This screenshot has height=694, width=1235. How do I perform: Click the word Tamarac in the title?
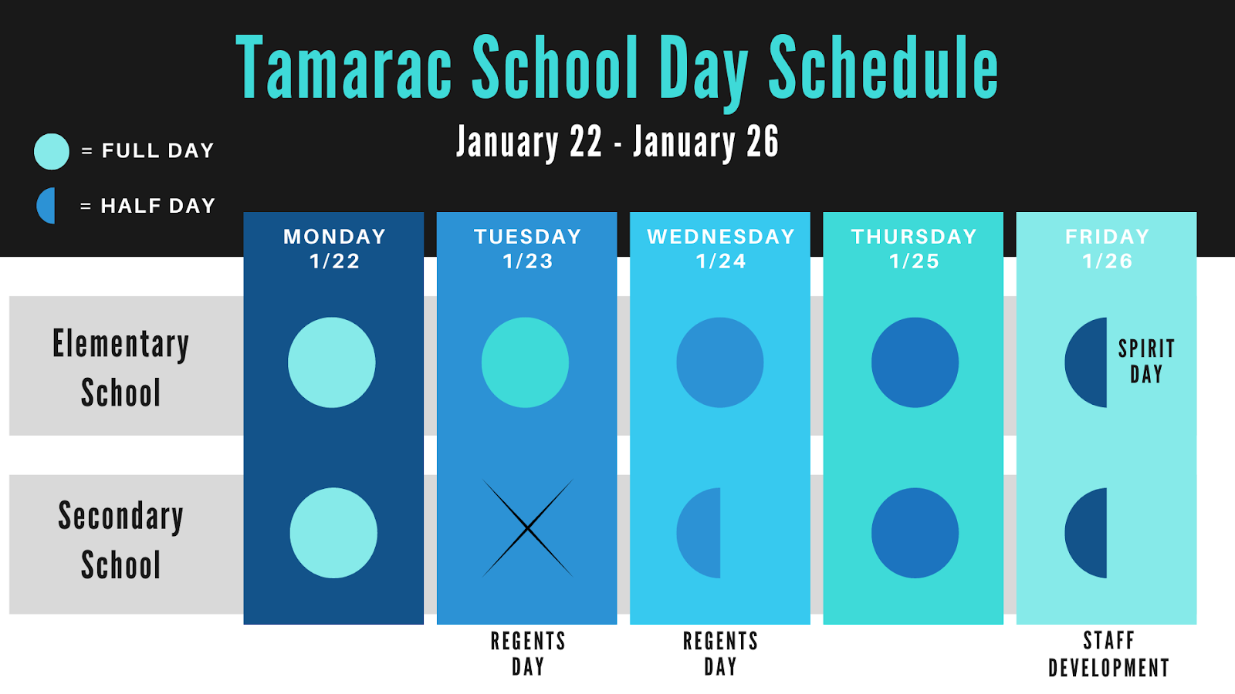(344, 67)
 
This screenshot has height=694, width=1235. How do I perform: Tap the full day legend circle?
(51, 151)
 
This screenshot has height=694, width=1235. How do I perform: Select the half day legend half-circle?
(46, 205)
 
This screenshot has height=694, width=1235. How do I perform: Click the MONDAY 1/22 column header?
(334, 248)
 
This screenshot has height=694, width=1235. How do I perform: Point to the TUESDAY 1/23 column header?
(528, 248)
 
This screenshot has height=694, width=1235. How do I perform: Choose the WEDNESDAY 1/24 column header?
(721, 248)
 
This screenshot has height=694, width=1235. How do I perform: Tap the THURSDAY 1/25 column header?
(914, 248)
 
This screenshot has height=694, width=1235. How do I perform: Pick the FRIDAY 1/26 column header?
(1107, 248)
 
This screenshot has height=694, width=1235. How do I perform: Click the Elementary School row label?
(120, 367)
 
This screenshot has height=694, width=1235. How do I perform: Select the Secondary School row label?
(120, 540)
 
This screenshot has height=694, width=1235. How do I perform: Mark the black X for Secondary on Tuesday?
(528, 528)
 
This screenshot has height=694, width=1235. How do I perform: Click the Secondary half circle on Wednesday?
(699, 533)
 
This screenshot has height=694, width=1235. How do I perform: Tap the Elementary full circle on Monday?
(331, 362)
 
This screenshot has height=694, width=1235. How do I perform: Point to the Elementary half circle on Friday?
(1085, 362)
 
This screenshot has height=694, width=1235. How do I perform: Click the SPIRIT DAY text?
(1147, 362)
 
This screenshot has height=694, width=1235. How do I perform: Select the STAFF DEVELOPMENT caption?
(1108, 655)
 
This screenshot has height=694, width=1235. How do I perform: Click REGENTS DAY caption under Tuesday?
(528, 654)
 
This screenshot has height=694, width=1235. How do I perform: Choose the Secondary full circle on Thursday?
(915, 533)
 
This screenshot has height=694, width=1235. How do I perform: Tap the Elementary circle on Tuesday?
(525, 362)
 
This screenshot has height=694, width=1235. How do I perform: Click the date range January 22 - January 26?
(617, 142)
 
